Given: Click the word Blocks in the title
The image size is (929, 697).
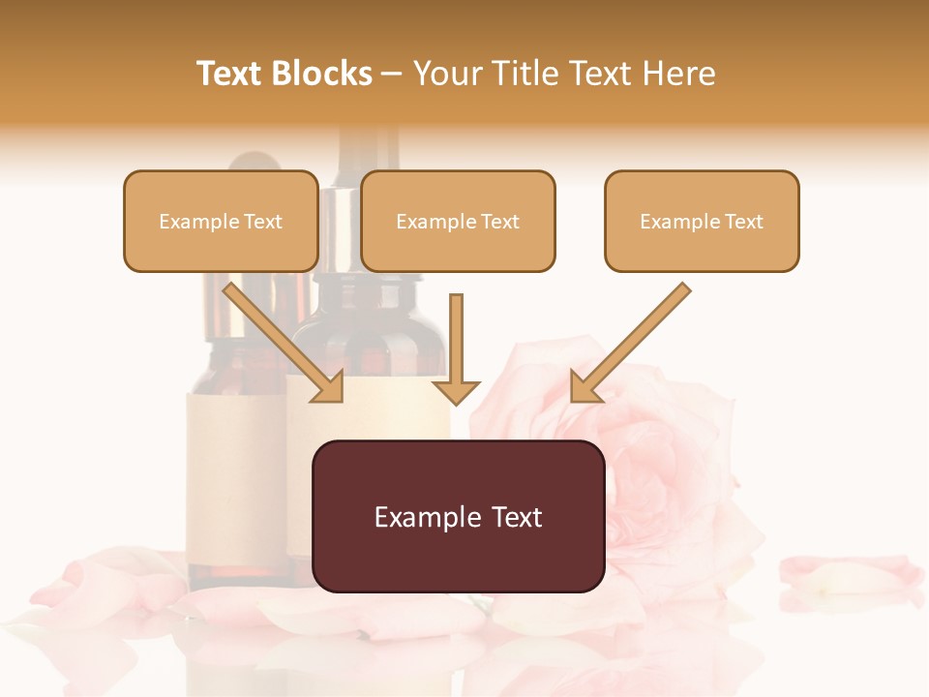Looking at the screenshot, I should [x=322, y=74].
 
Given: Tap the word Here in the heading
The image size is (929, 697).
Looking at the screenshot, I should [x=677, y=74].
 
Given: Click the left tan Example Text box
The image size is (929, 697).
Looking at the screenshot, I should [x=221, y=222].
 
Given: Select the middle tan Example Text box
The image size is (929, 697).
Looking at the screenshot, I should [x=458, y=222].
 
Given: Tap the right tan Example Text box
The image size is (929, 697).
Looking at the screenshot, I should [x=702, y=222].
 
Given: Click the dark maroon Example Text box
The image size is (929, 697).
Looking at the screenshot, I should [x=458, y=516].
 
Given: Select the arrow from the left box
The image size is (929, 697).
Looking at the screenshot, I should [x=281, y=339].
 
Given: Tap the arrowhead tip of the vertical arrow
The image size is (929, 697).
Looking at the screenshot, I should [x=456, y=401].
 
